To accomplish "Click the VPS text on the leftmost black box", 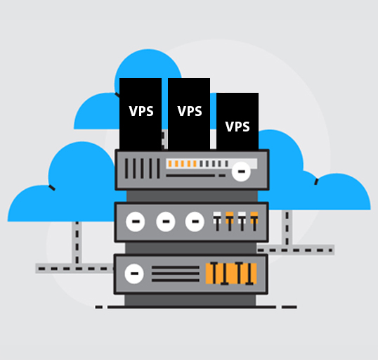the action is pos(141,111).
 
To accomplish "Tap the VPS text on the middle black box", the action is pos(190,111).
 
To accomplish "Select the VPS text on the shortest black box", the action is pos(237,127).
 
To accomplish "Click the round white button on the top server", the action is pos(241,172).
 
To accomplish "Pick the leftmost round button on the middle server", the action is pos(136,221).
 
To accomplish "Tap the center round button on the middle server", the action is pos(166,221).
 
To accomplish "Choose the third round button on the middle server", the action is pos(195,221).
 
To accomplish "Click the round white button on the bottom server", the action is pos(134,274).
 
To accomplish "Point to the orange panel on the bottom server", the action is pos(231,274).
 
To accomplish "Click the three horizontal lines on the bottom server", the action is pos(176,274).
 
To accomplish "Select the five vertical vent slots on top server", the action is pos(142,169).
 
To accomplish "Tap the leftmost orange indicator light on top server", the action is pos(170,164).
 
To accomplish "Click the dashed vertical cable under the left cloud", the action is pos(77,243).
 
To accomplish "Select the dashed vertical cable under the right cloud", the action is pos(287,228).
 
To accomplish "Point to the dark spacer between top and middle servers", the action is pos(192,196).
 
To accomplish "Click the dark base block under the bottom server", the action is pos(190,300).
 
